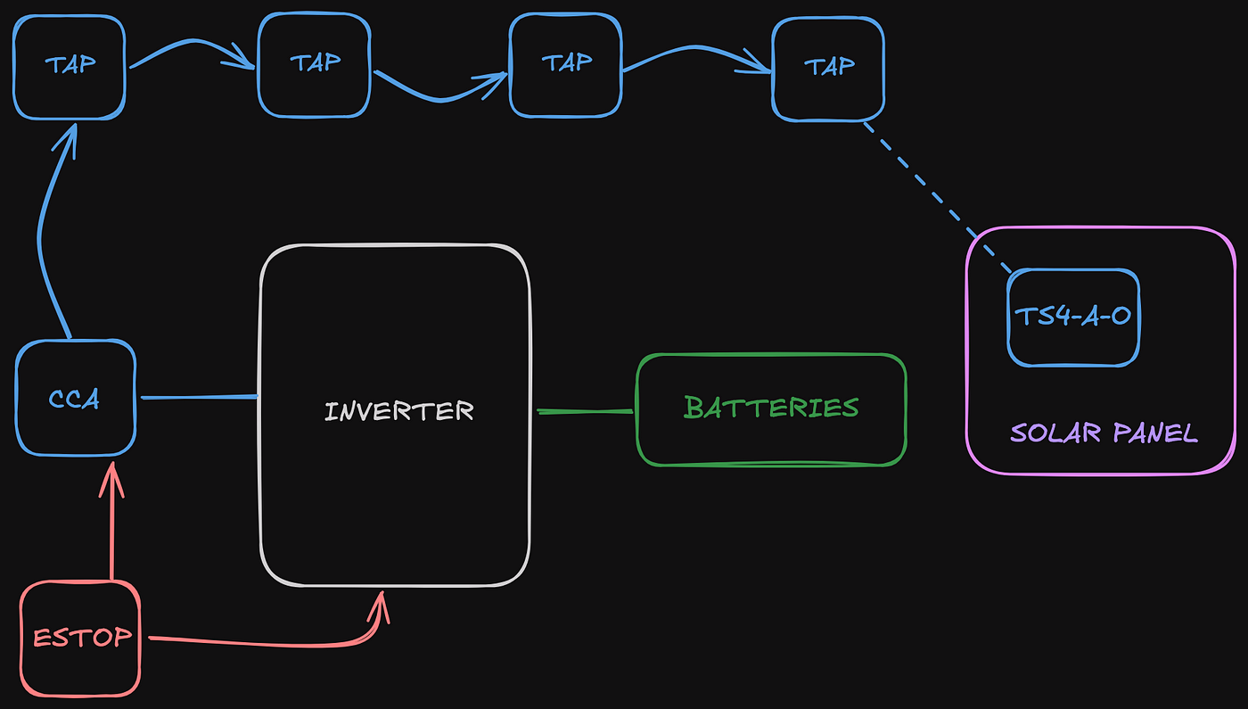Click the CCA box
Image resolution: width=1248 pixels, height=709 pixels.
click(x=76, y=398)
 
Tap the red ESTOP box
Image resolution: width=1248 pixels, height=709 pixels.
click(x=81, y=638)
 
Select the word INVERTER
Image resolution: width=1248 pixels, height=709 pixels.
click(x=398, y=411)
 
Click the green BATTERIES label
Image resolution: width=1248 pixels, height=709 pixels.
click(x=771, y=408)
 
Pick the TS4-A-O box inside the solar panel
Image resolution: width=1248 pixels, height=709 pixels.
click(x=1073, y=317)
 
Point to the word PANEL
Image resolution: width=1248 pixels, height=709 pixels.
click(x=1154, y=433)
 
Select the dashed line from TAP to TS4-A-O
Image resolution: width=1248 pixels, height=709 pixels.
click(x=936, y=196)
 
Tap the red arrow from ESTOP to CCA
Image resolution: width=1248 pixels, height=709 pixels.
click(x=111, y=526)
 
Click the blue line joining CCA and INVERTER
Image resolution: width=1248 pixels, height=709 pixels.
click(x=199, y=397)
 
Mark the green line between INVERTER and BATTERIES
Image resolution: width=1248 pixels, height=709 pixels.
click(x=584, y=411)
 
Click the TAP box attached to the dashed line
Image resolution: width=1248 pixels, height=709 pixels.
click(x=828, y=67)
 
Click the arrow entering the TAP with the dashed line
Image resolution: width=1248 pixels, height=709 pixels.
click(x=695, y=54)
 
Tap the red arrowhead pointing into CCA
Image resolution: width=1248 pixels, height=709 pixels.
click(x=111, y=477)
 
